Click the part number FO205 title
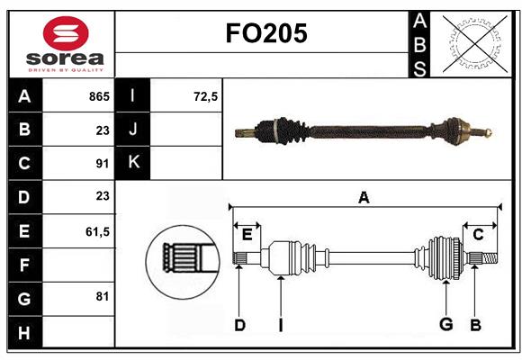[265, 33]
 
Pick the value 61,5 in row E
[97, 231]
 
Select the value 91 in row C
[102, 164]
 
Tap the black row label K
[134, 163]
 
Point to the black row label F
[24, 265]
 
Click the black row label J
[134, 130]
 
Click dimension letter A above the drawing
[364, 197]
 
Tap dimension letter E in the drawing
[247, 234]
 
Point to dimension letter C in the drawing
[479, 234]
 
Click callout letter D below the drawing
[239, 326]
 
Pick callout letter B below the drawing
[475, 326]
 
